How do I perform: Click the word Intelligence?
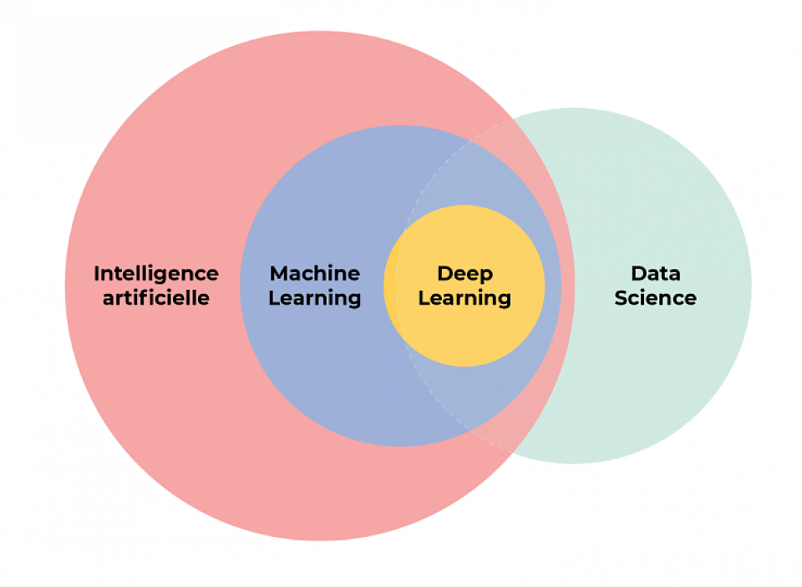coord(156,275)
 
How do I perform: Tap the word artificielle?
coord(156,297)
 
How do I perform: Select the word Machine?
coord(315,273)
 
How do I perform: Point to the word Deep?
coord(465,275)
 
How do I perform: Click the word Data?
coord(656,273)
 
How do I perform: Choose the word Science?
coord(655,297)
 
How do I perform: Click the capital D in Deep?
coord(445,274)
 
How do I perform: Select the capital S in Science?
coord(622,297)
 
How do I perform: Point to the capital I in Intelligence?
coord(96,274)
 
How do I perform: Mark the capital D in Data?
coord(639,274)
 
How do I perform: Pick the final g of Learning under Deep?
coord(505,301)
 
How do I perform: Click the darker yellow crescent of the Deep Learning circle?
coord(391,286)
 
